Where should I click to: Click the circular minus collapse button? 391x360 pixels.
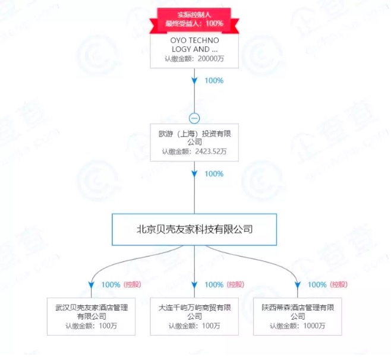coord(194,118)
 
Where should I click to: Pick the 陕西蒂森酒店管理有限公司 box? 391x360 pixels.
coord(297,315)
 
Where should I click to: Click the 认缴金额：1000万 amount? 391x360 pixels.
coord(297,326)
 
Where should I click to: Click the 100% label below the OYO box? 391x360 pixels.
coord(213,80)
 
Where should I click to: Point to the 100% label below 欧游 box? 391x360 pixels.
coord(213,173)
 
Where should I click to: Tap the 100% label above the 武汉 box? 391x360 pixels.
coord(112,285)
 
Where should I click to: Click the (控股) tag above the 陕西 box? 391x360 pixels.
coord(339,285)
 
